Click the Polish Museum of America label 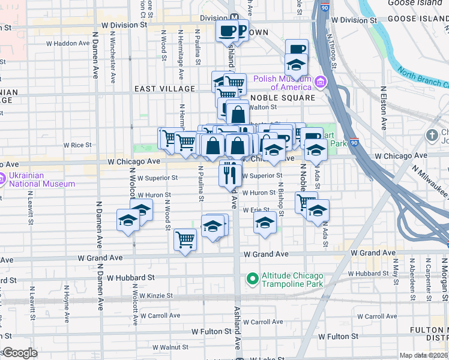(283, 82)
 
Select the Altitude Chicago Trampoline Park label (292, 279)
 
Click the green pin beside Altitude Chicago (252, 278)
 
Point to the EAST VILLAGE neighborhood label (164, 89)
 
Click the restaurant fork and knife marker (230, 173)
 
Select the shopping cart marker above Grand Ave (185, 240)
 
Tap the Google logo (19, 353)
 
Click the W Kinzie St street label (156, 296)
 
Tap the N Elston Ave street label (384, 108)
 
